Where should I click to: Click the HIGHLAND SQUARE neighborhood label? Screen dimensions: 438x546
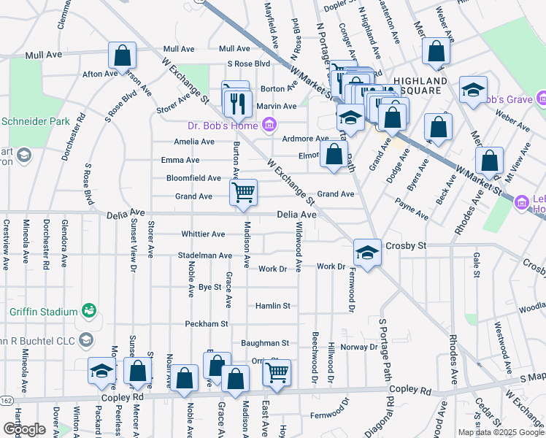[420, 85]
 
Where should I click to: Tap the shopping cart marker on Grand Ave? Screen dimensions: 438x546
[243, 193]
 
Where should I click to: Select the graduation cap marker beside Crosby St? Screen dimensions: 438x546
[367, 253]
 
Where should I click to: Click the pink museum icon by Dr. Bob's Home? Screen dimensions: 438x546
[269, 126]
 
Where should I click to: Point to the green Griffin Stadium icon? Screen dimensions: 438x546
[89, 312]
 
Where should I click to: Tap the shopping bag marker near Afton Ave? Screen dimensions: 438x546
[122, 55]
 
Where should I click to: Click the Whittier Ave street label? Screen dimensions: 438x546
[203, 234]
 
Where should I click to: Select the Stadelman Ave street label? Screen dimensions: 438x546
[204, 255]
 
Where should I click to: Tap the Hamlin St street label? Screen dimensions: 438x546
[274, 306]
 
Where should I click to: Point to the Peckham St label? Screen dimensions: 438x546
[207, 323]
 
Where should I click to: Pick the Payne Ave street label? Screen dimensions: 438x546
[412, 212]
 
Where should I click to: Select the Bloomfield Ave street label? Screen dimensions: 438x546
[193, 178]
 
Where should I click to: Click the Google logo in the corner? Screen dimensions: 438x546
[23, 429]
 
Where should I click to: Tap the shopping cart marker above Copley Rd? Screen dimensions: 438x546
[277, 373]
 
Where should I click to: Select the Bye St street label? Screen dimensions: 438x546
[209, 288]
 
